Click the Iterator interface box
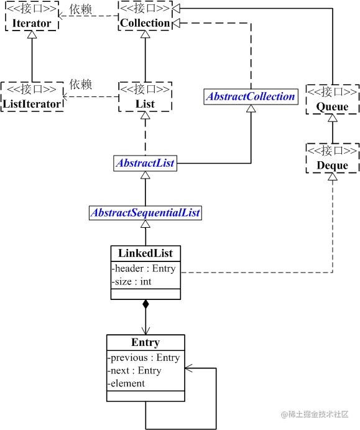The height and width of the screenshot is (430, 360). [32, 16]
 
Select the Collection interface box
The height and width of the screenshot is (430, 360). [145, 16]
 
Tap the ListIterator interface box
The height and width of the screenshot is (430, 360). [32, 96]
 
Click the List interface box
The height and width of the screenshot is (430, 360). [145, 96]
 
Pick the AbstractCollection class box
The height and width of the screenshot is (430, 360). [251, 96]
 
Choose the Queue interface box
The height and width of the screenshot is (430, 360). [332, 99]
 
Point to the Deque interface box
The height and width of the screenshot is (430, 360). [332, 158]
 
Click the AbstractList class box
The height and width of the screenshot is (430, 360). [145, 163]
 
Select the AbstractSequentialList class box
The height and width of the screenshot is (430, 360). [145, 213]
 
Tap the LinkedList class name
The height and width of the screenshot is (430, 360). [145, 253]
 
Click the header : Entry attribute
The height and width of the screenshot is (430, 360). [144, 268]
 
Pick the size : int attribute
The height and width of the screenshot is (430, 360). [132, 282]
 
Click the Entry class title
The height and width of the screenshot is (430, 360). [145, 342]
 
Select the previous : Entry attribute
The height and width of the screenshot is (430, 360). [144, 358]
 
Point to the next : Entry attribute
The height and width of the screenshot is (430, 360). [134, 370]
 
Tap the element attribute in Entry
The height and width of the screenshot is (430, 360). [126, 383]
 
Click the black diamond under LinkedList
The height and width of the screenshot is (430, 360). [145, 304]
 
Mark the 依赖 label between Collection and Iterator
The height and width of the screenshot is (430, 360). [81, 9]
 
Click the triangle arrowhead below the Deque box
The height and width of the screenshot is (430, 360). [333, 177]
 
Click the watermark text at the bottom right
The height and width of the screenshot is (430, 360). [315, 414]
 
